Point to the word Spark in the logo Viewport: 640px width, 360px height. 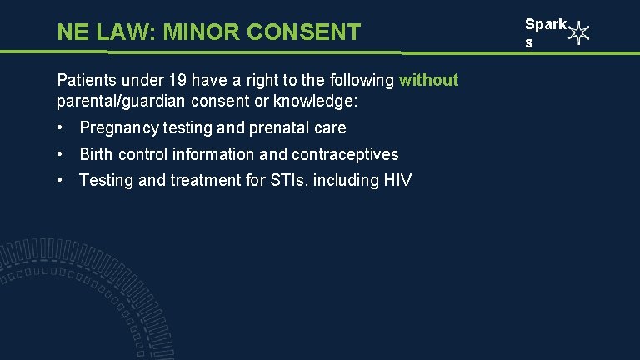coord(545,25)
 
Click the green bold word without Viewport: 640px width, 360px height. coord(428,80)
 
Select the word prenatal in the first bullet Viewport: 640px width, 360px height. coord(276,127)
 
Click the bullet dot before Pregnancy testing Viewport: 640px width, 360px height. coord(61,127)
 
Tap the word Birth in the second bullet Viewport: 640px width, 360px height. coord(97,154)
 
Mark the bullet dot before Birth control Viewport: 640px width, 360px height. coord(61,154)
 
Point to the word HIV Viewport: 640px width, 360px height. coord(397,181)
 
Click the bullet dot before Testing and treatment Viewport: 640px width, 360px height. coord(61,181)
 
